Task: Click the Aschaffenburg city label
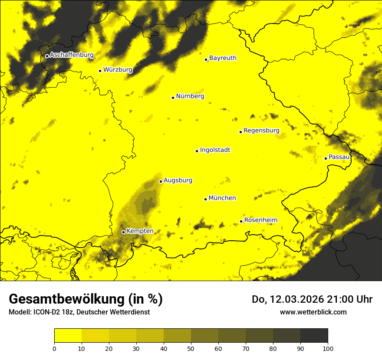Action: tap(72, 55)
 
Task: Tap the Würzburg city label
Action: tap(118, 69)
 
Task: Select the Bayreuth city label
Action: tap(223, 58)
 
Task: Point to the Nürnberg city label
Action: tap(190, 96)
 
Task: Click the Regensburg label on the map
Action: tap(261, 131)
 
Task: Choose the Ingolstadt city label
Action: tap(215, 150)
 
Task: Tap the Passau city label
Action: tap(339, 157)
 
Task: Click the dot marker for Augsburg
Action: tap(161, 181)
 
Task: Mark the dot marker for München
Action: tap(206, 199)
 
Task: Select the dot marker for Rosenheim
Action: tap(241, 221)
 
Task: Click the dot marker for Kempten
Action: tap(124, 232)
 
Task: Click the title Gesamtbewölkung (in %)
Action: tap(86, 299)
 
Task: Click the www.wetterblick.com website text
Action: tap(313, 312)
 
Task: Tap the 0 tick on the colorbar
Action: tap(54, 348)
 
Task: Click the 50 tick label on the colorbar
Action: tap(191, 348)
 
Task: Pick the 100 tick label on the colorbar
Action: tap(328, 348)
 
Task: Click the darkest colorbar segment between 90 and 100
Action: tap(314, 336)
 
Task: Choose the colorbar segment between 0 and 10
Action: tap(68, 336)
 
